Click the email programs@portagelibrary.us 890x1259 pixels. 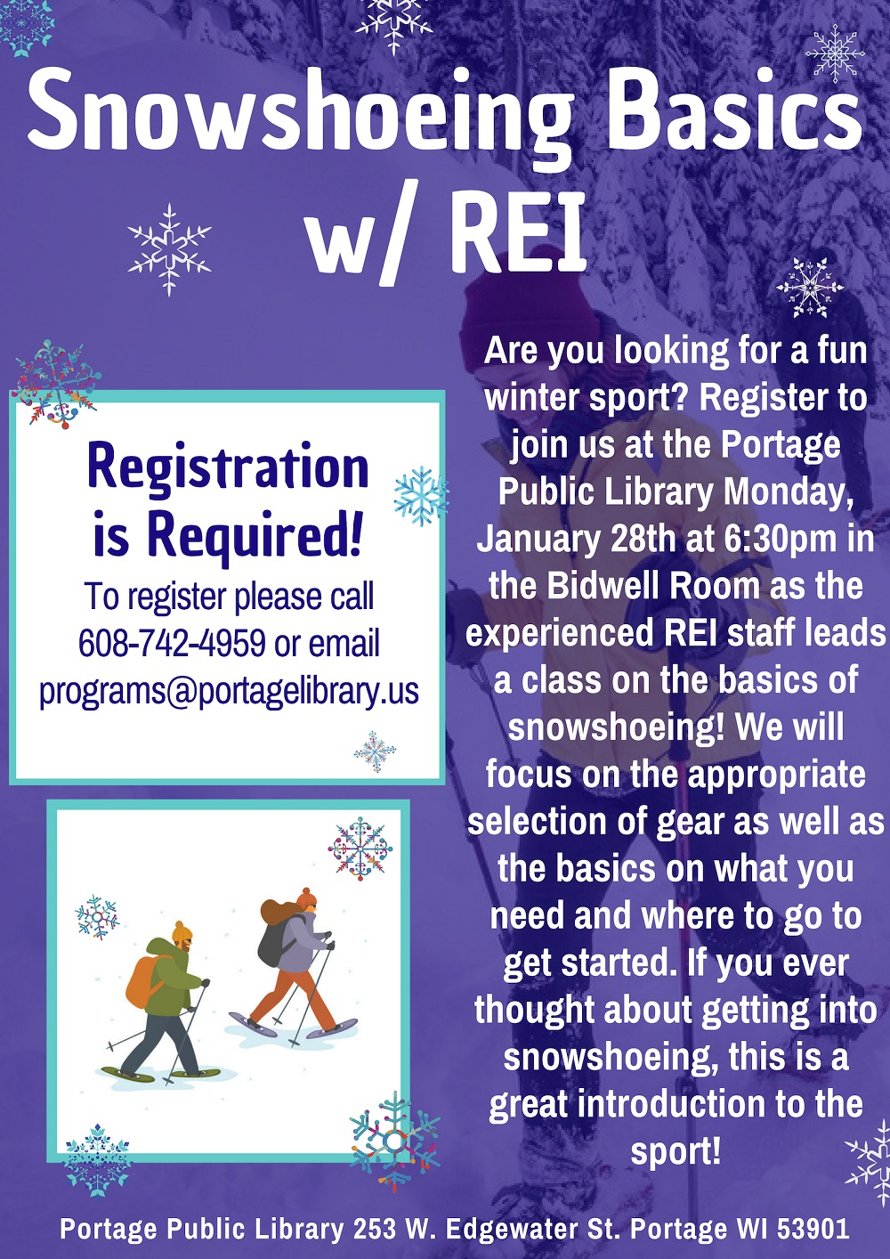click(229, 690)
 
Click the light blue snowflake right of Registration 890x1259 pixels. click(421, 495)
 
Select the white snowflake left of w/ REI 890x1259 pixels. click(169, 249)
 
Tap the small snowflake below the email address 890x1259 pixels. click(375, 751)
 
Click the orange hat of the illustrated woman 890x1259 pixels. click(307, 898)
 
